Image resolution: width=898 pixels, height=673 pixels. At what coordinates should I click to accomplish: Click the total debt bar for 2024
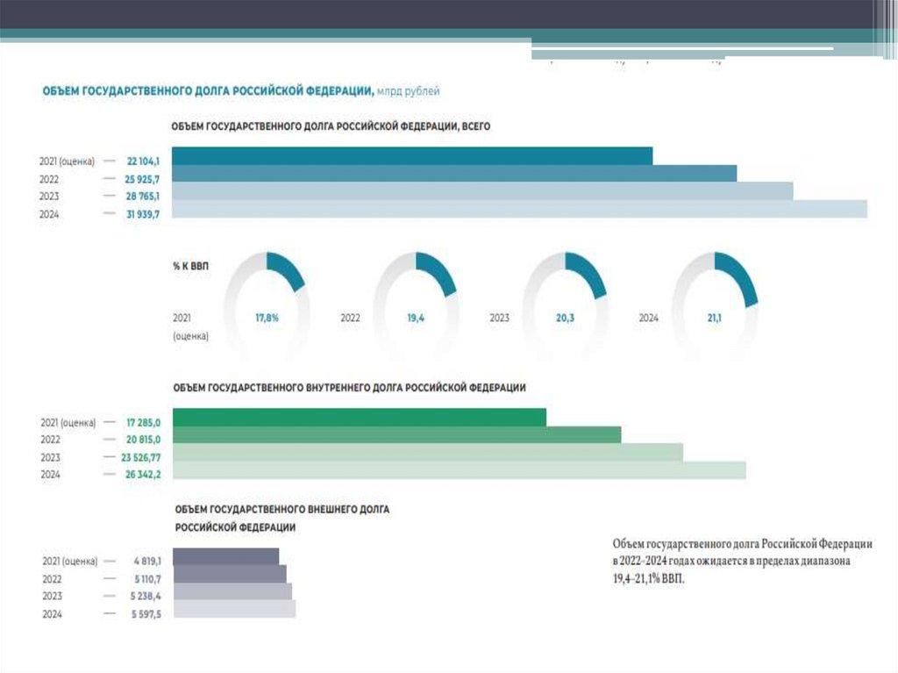pyautogui.click(x=519, y=209)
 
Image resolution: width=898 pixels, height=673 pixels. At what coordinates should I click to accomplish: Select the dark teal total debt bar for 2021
pyautogui.click(x=412, y=156)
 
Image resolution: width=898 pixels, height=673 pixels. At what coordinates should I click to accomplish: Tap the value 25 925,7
pyautogui.click(x=142, y=178)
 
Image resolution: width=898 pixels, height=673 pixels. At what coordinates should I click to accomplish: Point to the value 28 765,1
pyautogui.click(x=142, y=196)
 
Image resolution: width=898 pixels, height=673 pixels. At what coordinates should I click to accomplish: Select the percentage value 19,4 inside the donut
pyautogui.click(x=416, y=319)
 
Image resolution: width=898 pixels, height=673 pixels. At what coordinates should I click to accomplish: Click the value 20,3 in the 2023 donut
pyautogui.click(x=565, y=319)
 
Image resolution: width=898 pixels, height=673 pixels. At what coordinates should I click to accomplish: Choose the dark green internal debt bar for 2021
pyautogui.click(x=360, y=418)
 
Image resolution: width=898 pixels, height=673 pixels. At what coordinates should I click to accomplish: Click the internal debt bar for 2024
pyautogui.click(x=460, y=470)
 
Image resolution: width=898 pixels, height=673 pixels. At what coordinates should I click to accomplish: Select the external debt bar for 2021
pyautogui.click(x=225, y=556)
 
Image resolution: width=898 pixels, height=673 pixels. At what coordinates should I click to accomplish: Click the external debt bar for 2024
pyautogui.click(x=234, y=609)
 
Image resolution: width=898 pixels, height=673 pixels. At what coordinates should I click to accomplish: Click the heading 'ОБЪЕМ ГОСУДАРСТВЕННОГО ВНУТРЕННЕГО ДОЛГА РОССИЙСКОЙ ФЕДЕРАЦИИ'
pyautogui.click(x=349, y=388)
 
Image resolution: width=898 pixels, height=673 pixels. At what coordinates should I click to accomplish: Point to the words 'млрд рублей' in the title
pyautogui.click(x=409, y=90)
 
